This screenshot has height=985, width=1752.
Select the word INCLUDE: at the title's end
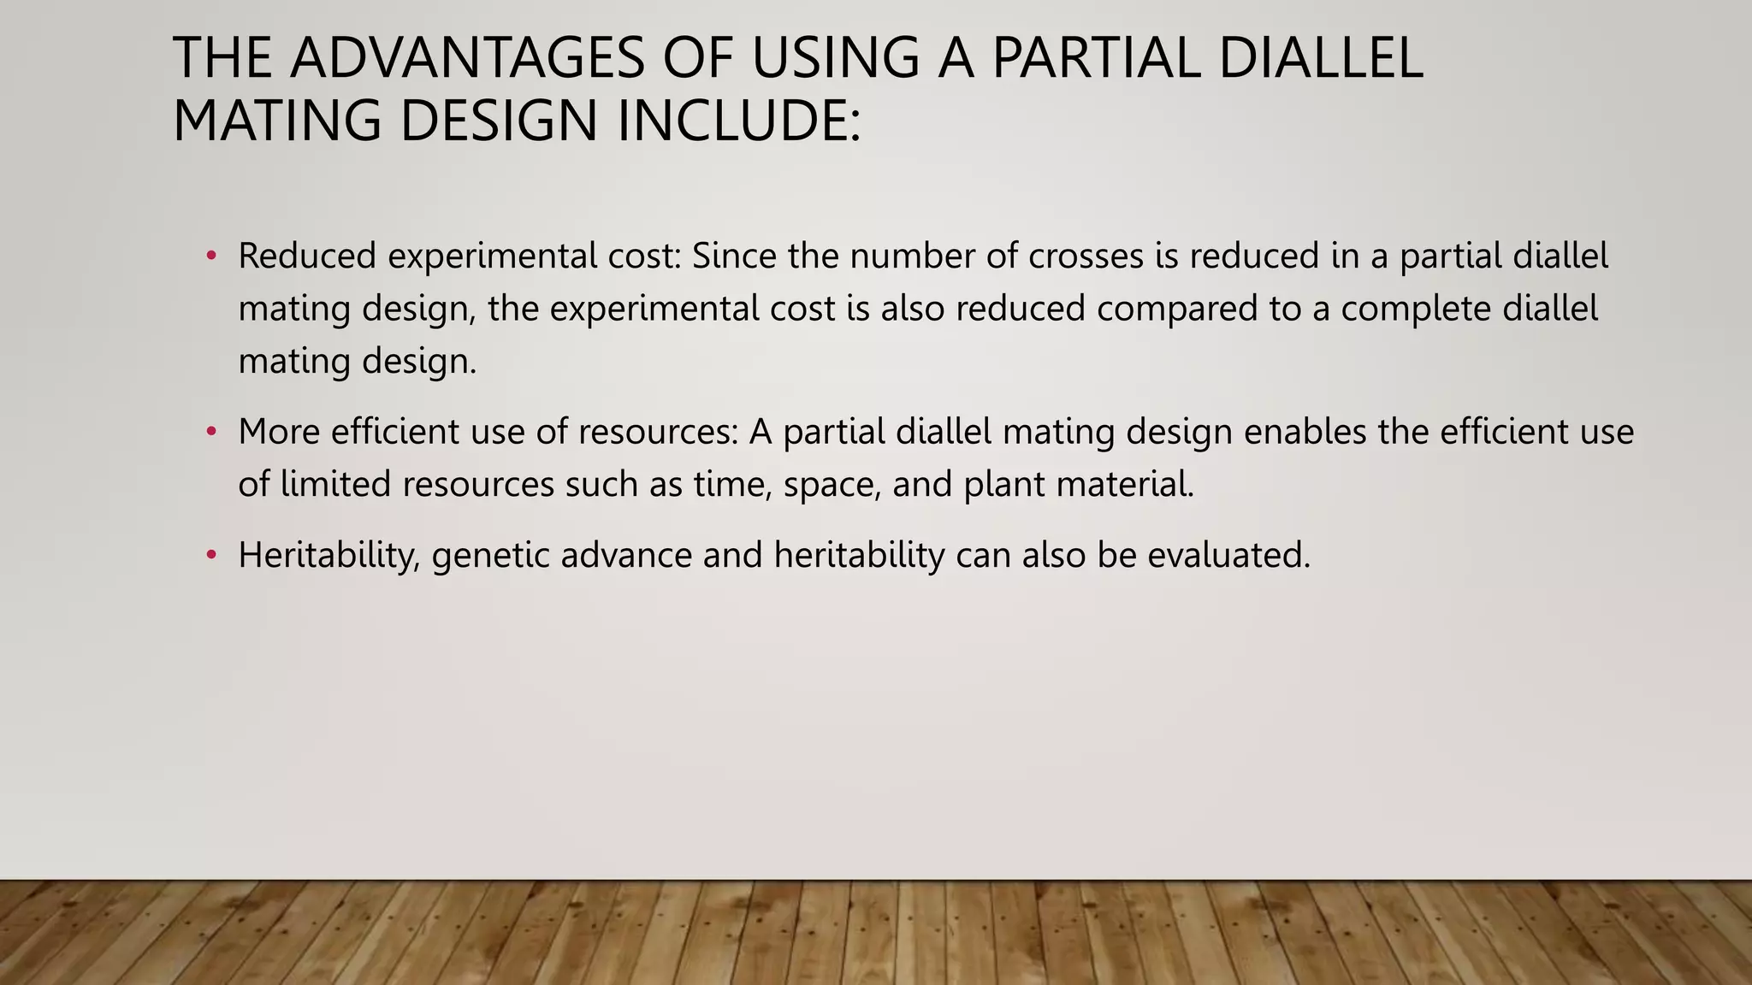click(738, 121)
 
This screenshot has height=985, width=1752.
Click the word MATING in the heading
click(276, 121)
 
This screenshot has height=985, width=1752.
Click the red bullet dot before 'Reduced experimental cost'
click(211, 256)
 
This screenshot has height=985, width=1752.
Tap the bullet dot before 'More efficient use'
click(211, 432)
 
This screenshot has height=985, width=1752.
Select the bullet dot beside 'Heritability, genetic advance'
click(211, 556)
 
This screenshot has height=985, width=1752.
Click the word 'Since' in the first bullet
click(734, 256)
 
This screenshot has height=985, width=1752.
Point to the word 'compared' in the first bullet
click(1176, 309)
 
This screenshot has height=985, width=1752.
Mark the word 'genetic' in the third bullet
click(491, 556)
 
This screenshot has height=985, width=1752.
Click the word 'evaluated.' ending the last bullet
click(1228, 556)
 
